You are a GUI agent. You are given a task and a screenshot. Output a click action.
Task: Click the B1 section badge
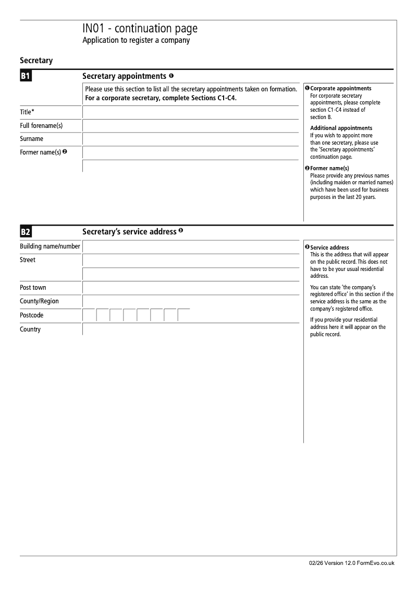pyautogui.click(x=26, y=77)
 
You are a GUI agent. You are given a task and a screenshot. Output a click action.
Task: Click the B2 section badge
pyautogui.click(x=26, y=232)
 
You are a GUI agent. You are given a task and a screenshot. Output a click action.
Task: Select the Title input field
pyautogui.click(x=190, y=112)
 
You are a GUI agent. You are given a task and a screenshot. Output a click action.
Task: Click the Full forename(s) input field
pyautogui.click(x=190, y=126)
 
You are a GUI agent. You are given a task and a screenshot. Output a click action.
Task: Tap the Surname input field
pyautogui.click(x=190, y=139)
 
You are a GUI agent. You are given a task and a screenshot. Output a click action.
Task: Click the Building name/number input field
pyautogui.click(x=190, y=246)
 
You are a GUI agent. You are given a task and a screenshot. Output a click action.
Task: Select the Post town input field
pyautogui.click(x=190, y=288)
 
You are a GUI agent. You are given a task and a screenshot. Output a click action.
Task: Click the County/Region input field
pyautogui.click(x=190, y=301)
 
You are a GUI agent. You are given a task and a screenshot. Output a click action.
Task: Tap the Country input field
pyautogui.click(x=190, y=329)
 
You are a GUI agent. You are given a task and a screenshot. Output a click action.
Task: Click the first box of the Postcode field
pyautogui.click(x=89, y=315)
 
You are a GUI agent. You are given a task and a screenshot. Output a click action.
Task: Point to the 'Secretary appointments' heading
pyautogui.click(x=125, y=76)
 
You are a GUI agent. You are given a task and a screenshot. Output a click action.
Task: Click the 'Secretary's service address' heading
pyautogui.click(x=129, y=231)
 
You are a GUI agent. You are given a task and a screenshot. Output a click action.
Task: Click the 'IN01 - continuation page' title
pyautogui.click(x=140, y=29)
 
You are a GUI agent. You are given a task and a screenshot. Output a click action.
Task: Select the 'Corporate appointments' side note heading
pyautogui.click(x=340, y=89)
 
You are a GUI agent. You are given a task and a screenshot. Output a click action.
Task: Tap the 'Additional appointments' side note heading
pyautogui.click(x=341, y=128)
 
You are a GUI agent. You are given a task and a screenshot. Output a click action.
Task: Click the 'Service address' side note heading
pyautogui.click(x=329, y=247)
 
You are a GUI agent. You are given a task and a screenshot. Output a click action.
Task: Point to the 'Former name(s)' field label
pyautogui.click(x=41, y=152)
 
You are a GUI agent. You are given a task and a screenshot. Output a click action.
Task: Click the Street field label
pyautogui.click(x=28, y=260)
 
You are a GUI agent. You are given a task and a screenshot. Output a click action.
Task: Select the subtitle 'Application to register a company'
pyautogui.click(x=136, y=41)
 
